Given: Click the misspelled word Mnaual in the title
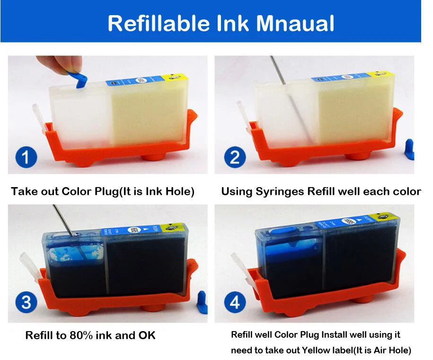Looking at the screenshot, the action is coord(295,23).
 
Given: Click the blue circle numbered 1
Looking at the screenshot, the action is coord(26,157).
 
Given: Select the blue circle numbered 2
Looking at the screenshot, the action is coord(235,157).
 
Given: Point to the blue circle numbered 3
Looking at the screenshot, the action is coord(26,302).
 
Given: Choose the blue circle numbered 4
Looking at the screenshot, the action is coord(235,302).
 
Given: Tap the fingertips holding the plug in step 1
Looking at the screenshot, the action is coord(59,64).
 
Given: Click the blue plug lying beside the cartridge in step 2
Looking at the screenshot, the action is coord(409,149).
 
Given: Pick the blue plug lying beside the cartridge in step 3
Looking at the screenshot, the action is coord(203,302).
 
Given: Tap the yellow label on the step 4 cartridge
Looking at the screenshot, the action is coord(388,217).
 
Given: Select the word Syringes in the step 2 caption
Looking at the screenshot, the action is coord(280,192).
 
